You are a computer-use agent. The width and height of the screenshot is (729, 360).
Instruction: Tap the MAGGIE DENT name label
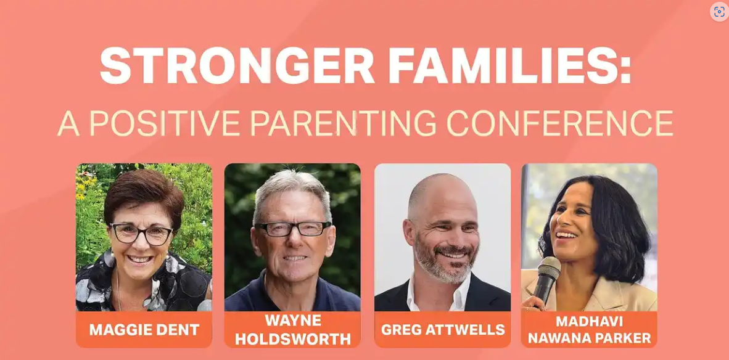[144, 330]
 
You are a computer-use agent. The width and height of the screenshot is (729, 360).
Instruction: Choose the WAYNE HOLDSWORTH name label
[292, 330]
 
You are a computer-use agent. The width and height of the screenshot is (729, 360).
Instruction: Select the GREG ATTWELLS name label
[443, 330]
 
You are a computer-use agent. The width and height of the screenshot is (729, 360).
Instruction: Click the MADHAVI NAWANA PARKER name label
[589, 330]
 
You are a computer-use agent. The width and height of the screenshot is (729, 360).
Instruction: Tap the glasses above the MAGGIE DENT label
[141, 234]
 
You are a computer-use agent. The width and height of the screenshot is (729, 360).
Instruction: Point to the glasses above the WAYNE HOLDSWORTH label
[293, 229]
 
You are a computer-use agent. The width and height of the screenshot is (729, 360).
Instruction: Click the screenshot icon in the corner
[719, 12]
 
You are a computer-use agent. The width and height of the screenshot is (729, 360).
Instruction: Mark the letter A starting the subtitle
[68, 123]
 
